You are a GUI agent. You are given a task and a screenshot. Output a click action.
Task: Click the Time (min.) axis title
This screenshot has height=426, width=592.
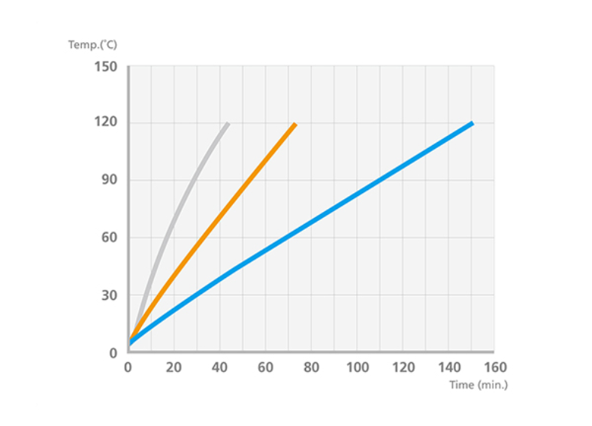click(479, 385)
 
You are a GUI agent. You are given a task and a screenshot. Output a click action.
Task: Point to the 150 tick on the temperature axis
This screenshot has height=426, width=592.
click(106, 67)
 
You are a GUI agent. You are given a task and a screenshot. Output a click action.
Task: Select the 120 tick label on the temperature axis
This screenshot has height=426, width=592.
click(106, 122)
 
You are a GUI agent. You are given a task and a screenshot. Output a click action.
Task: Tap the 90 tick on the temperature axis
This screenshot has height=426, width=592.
click(109, 180)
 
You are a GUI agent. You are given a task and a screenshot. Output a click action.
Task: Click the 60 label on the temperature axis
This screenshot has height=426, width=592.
click(109, 238)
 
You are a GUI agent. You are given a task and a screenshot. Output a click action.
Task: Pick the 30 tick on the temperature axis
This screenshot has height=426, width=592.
click(109, 295)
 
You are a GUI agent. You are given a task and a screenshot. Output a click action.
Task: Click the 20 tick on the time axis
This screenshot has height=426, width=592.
click(174, 367)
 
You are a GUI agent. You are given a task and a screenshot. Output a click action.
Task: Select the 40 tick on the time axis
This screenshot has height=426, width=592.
click(219, 367)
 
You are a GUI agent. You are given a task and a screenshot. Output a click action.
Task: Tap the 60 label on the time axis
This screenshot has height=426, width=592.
click(265, 367)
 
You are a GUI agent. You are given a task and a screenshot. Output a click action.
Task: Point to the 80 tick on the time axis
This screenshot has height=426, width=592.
click(311, 367)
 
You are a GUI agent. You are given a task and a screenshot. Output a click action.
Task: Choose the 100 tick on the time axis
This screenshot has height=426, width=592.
click(357, 367)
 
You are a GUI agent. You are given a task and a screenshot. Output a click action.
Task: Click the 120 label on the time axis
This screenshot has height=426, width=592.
click(403, 367)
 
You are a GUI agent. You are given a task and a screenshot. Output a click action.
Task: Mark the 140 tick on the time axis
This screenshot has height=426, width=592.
click(449, 367)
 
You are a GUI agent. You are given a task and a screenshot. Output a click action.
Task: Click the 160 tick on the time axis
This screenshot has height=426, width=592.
click(494, 367)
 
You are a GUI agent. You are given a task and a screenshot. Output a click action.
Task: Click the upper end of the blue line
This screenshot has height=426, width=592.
click(472, 123)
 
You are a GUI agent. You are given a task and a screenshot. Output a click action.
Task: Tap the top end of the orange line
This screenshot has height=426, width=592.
click(294, 124)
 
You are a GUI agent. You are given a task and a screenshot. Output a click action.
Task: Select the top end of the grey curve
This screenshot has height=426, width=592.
click(227, 124)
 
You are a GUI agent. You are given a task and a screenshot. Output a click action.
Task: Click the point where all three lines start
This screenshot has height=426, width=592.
click(129, 342)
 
